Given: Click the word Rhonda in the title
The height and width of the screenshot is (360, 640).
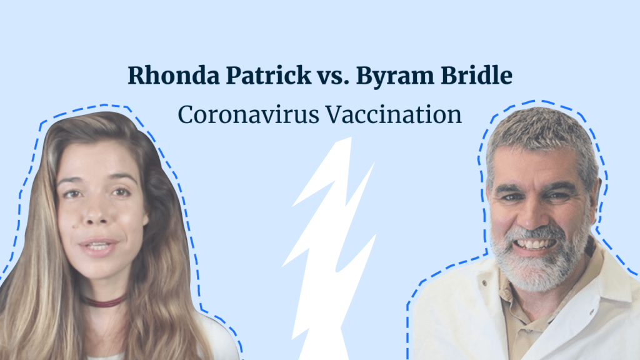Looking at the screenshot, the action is (174, 76).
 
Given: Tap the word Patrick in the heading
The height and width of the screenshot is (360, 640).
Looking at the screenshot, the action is (269, 76).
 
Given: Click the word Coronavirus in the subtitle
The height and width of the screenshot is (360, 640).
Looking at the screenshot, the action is (249, 115).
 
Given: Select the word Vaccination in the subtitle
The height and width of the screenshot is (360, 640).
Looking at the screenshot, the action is (394, 115).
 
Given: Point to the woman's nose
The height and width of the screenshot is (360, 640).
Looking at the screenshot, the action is (97, 212).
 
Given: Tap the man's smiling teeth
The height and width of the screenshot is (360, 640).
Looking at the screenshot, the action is (534, 244).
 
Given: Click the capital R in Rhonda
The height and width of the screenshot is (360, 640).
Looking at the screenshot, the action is (137, 76).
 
